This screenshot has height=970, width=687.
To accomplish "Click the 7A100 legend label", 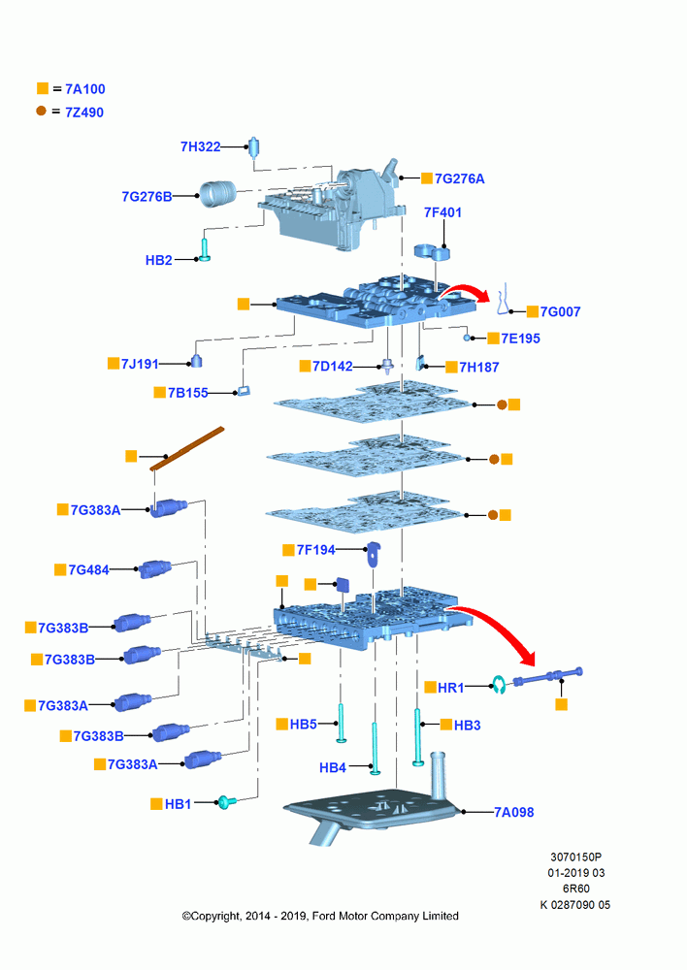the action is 85,89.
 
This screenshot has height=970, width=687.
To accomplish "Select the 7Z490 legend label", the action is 84,113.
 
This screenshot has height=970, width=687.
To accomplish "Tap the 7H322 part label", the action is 201,146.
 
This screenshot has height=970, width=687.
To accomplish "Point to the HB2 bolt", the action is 205,249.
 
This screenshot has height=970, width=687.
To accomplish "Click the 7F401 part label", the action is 442,212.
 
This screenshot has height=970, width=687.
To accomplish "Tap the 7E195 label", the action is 520,339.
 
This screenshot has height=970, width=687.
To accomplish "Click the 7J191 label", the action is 140,364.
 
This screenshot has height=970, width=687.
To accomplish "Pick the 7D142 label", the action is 333,367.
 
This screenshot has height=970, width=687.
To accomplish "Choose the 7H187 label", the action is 479,368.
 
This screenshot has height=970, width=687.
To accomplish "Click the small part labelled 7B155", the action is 244,391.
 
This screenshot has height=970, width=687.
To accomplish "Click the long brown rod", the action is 187,448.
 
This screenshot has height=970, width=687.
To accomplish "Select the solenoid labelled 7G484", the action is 154,568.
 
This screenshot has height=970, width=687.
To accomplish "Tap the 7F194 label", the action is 315,550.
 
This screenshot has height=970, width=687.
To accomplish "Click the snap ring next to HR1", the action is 498,684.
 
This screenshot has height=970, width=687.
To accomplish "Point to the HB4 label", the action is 333,767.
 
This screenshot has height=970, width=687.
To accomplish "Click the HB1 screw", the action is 226,802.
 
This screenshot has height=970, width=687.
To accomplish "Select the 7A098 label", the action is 513,812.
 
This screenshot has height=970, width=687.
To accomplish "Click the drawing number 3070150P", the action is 575,857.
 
